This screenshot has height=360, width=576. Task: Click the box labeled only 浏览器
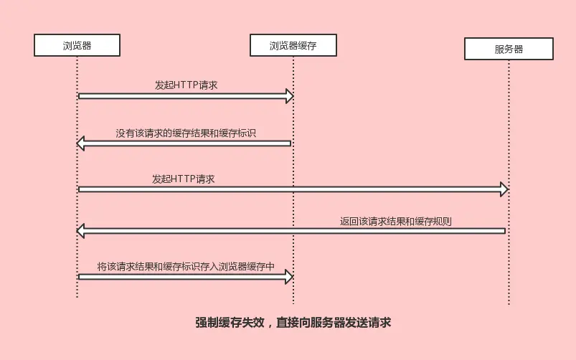(77, 45)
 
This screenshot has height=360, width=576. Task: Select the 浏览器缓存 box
(293, 45)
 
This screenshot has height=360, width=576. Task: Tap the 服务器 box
(509, 49)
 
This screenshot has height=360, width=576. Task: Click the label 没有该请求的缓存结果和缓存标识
(186, 133)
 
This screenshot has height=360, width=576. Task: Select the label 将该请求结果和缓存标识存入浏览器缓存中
(186, 266)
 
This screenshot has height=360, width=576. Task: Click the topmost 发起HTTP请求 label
(186, 85)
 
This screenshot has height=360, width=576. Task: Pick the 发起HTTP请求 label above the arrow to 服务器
(183, 179)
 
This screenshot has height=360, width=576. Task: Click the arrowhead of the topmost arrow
(289, 96)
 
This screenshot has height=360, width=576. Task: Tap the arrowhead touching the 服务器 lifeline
(504, 189)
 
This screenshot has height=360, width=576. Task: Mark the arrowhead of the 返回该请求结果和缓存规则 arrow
(81, 230)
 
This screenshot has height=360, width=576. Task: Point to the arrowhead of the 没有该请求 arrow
(81, 143)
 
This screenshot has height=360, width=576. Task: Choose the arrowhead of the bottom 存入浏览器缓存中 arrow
(289, 276)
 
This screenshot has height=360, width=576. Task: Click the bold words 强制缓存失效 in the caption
(230, 323)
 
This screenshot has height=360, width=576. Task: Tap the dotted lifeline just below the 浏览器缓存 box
(293, 72)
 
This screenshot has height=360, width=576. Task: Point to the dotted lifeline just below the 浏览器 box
(77, 72)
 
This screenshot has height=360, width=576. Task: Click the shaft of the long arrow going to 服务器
(287, 189)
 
